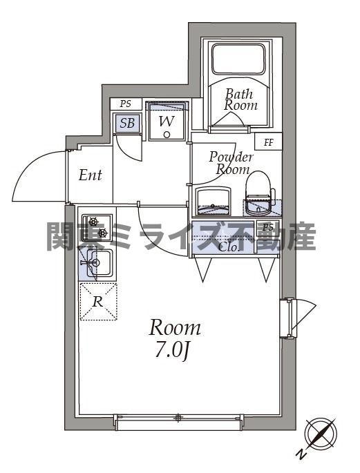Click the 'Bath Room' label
pos(240,99)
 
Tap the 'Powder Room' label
pos(231,163)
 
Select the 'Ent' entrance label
pos(90,175)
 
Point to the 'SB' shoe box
pos(127,124)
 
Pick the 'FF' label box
pos(268,143)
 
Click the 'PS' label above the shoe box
pos(125,104)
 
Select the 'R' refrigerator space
pos(98,302)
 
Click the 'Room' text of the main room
pos(176,327)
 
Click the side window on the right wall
pos(290,318)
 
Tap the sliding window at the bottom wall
pos(178,418)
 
